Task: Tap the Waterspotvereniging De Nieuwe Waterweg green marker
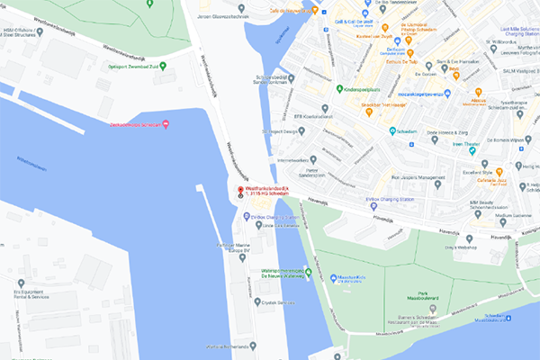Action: (307, 271)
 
